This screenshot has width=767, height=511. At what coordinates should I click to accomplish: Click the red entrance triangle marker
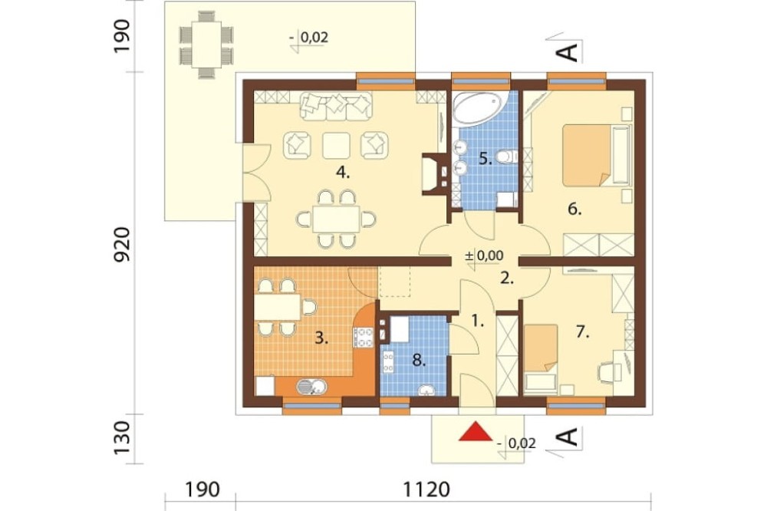click(x=476, y=432)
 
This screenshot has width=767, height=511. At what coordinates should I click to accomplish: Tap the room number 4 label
click(x=342, y=173)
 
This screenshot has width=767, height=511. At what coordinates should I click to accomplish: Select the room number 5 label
click(x=485, y=159)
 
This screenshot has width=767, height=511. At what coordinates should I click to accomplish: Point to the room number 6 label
click(x=574, y=209)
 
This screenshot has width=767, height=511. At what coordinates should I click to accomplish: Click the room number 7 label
click(x=582, y=332)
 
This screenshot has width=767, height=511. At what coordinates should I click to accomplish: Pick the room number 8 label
click(x=420, y=361)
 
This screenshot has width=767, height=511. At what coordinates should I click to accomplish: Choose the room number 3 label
click(x=321, y=338)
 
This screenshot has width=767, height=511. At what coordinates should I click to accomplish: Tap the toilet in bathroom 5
click(x=506, y=157)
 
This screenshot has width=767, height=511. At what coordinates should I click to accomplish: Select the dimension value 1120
click(x=426, y=490)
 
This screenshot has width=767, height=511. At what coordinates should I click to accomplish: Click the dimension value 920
click(x=122, y=244)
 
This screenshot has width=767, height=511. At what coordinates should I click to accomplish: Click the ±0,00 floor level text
click(x=483, y=255)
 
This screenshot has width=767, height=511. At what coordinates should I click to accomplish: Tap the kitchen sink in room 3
click(x=311, y=387)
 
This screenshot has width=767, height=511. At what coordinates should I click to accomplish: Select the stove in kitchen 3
click(x=364, y=338)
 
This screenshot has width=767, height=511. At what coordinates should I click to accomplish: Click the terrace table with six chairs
click(x=206, y=44)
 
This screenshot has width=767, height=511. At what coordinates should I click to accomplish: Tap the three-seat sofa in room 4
click(x=337, y=106)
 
